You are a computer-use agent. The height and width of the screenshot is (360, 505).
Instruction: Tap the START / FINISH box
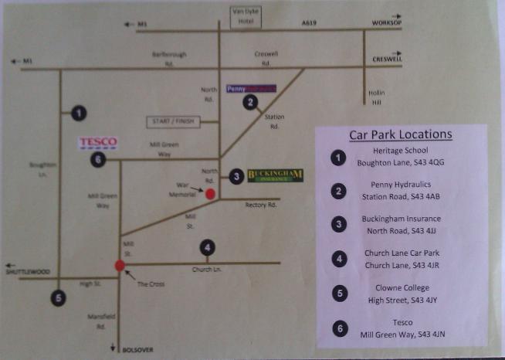(x=174, y=121)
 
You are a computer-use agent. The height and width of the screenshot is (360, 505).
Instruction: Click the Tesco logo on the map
(x=98, y=142)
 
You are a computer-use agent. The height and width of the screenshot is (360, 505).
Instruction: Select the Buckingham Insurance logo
(x=275, y=176)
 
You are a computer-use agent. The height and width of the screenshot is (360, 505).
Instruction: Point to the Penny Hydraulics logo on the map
(x=251, y=89)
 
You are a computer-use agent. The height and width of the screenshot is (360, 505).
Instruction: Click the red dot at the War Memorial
(x=210, y=194)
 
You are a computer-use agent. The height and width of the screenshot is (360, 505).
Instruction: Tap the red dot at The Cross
(x=120, y=266)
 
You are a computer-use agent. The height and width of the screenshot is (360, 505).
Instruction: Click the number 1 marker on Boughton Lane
(x=78, y=113)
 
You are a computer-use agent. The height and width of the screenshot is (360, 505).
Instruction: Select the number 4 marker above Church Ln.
(x=207, y=248)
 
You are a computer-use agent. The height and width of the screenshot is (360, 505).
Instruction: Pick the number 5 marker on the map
(x=58, y=297)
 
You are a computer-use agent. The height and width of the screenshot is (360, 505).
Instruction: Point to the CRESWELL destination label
(x=388, y=59)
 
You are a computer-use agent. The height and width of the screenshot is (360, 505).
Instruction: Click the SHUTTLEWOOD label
(x=27, y=271)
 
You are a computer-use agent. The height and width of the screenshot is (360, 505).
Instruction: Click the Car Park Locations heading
(x=400, y=134)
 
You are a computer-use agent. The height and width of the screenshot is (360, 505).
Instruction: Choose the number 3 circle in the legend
(x=337, y=224)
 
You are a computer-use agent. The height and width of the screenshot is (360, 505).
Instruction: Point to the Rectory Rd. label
(x=260, y=205)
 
